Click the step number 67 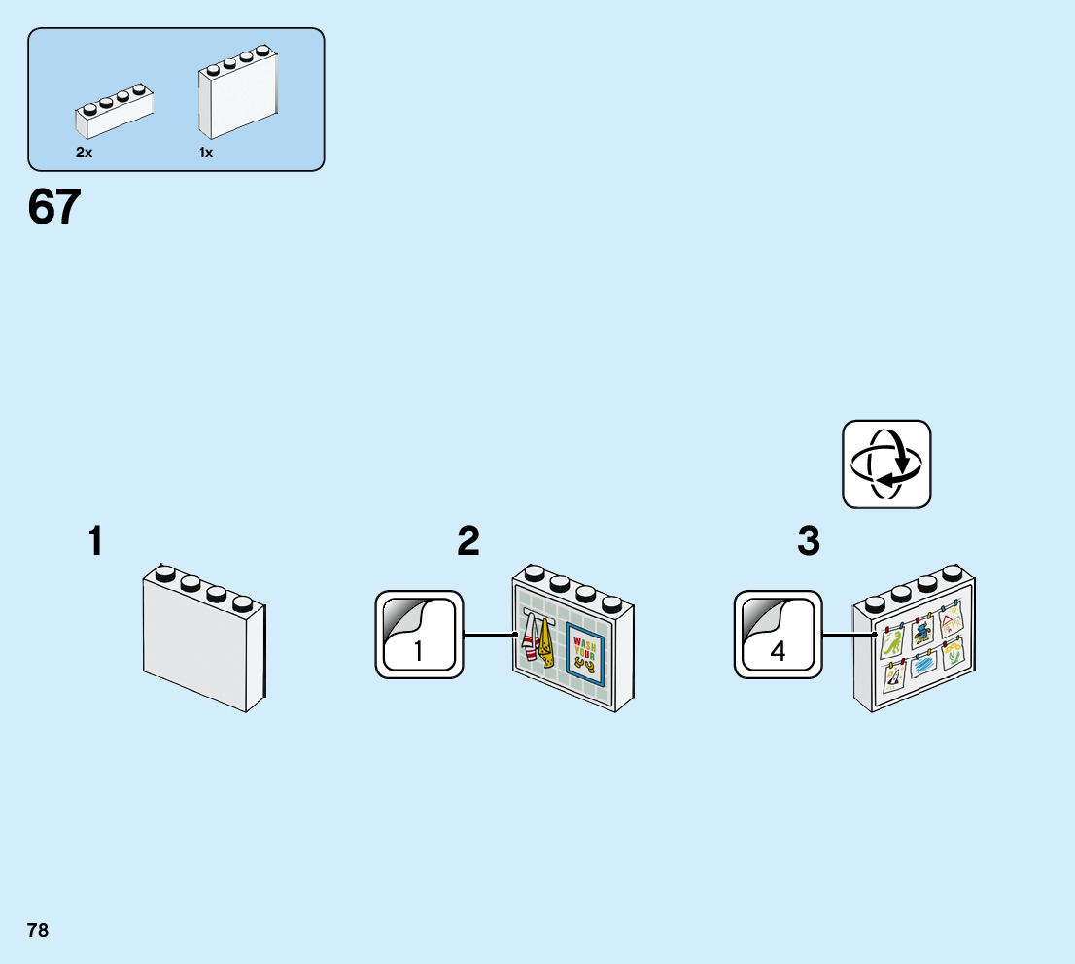coord(54,207)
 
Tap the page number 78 coord(38,930)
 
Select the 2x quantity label coord(85,153)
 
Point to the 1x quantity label coord(206,153)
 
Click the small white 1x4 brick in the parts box coord(114,112)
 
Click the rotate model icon coord(885,464)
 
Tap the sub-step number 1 coord(95,541)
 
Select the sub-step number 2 coord(468,541)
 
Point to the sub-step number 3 coord(808,541)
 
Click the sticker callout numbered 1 coord(419,634)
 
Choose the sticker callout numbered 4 coord(778,634)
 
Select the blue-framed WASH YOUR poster coord(586,654)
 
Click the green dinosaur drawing coord(891,642)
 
